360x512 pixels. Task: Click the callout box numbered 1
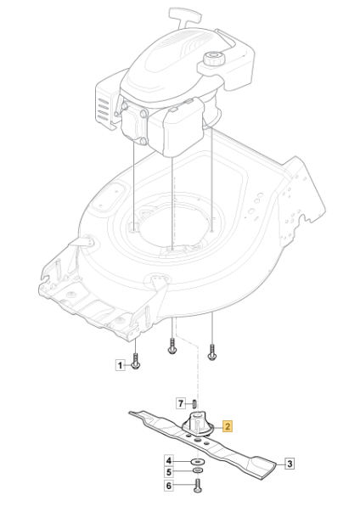(x=120, y=365)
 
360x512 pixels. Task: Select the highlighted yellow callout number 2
(x=228, y=426)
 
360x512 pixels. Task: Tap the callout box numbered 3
(x=290, y=464)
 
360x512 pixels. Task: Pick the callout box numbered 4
(x=168, y=461)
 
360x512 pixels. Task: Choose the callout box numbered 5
(x=168, y=472)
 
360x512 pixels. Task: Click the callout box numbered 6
(x=168, y=486)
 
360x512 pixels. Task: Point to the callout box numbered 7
(x=181, y=403)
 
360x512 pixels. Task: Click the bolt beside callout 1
(x=136, y=362)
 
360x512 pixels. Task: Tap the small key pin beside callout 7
(x=194, y=404)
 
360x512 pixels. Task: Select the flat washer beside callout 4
(x=197, y=462)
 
